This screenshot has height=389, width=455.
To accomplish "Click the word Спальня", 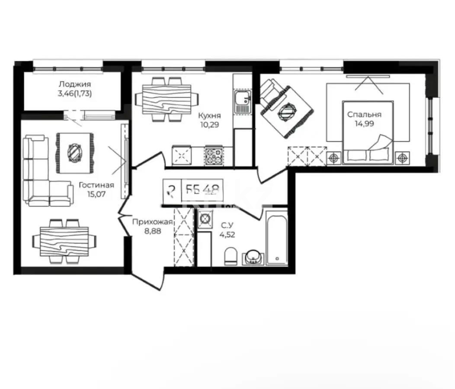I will tap(364, 115).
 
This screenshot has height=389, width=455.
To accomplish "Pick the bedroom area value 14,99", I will tap(364, 123).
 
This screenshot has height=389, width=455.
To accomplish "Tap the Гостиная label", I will tap(96, 185).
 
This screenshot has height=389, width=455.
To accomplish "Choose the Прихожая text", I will tap(153, 222).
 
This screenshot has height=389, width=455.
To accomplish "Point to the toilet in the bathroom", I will tap(231, 256).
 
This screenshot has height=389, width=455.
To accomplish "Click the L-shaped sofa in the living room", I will tap(41, 173).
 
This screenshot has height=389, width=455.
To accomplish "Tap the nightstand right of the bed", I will tap(403, 158).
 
